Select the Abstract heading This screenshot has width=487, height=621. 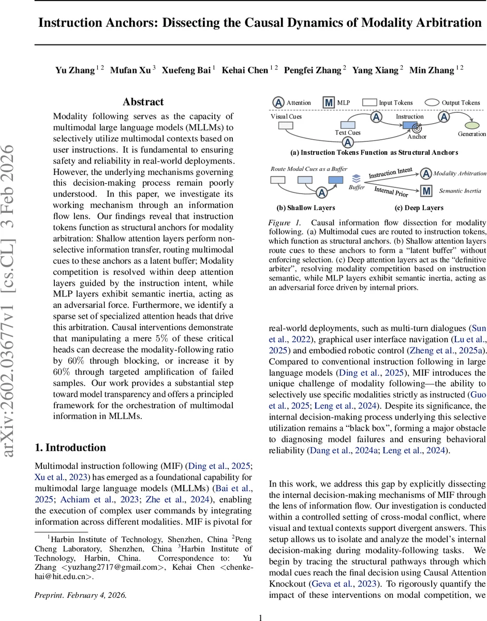click(143, 102)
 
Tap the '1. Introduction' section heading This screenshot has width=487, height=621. click(70, 448)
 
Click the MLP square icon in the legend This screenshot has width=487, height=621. click(328, 102)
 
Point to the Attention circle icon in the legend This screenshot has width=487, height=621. click(278, 102)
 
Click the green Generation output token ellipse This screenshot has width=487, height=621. click(471, 125)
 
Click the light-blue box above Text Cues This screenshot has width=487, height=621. click(347, 125)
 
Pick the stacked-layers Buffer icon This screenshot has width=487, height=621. click(356, 178)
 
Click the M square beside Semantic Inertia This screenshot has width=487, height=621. click(426, 191)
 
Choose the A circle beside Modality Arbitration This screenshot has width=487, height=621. click(426, 173)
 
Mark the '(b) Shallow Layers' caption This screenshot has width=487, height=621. click(305, 208)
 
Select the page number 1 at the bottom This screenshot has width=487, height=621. click(261, 617)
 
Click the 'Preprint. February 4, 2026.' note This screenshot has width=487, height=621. click(80, 595)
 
